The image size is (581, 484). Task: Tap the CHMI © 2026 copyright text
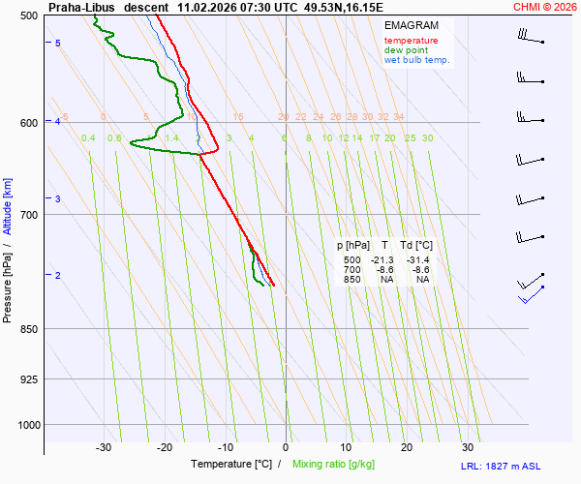[544, 7]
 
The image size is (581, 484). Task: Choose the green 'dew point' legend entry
[406, 50]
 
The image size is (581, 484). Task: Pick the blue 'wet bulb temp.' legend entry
[416, 60]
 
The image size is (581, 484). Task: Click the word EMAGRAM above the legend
[410, 25]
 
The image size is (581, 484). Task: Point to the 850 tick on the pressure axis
[27, 329]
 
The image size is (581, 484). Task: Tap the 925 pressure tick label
[27, 379]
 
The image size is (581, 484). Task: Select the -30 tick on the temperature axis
[104, 447]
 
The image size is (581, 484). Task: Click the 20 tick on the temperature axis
[407, 447]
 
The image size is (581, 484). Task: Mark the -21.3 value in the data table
[384, 260]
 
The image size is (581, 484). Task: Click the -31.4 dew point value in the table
[418, 260]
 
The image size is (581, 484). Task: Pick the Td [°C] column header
[417, 246]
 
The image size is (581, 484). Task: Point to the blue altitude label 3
[58, 198]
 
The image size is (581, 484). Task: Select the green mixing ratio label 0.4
[88, 138]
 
